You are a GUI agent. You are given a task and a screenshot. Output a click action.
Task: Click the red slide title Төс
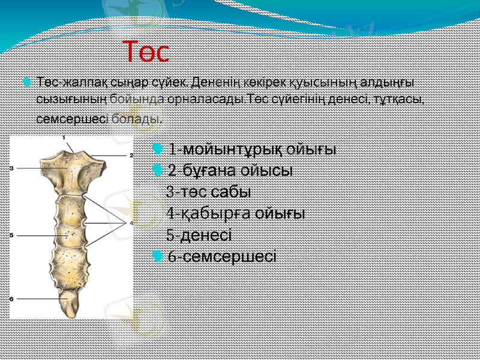click(146, 52)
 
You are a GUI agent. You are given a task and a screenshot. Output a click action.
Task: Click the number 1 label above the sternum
click(64, 137)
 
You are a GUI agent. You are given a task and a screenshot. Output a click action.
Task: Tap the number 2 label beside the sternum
click(130, 154)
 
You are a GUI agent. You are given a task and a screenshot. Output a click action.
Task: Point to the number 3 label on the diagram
click(11, 169)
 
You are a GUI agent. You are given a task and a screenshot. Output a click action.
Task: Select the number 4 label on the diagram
click(130, 223)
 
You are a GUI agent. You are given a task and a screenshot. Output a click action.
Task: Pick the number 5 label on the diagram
click(11, 235)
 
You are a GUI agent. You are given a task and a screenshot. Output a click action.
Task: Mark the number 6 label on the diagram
click(11, 298)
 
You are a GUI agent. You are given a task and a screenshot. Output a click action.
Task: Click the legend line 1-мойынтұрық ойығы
click(252, 149)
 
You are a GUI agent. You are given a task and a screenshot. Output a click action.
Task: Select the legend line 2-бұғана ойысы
click(230, 170)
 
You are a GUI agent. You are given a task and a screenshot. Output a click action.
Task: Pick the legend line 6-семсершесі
click(222, 257)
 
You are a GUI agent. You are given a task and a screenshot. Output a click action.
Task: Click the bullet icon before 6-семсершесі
click(157, 257)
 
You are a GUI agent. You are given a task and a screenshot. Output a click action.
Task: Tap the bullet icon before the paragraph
click(26, 80)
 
